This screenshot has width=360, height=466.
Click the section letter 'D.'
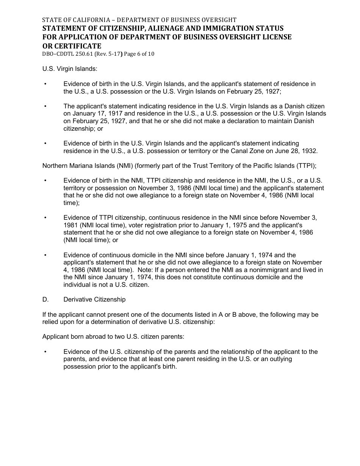[45, 300]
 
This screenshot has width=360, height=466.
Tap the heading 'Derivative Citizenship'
[94, 300]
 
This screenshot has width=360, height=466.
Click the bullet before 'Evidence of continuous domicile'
[45, 255]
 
